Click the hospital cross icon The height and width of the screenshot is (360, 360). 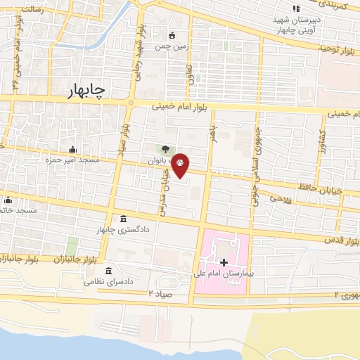(x=224, y=262)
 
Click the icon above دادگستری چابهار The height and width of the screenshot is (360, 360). (x=124, y=218)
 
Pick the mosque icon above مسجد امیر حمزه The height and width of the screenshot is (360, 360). (x=74, y=149)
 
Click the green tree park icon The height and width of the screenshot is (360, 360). (x=164, y=149)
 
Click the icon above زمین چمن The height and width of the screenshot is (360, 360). (x=172, y=34)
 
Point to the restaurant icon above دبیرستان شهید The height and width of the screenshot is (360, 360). (x=296, y=8)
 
